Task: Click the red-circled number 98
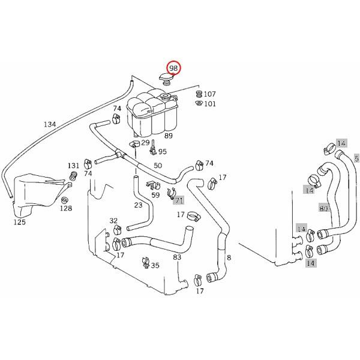pos(174,68)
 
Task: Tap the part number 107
pos(209,94)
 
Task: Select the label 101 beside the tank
pos(209,104)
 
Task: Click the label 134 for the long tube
pos(50,124)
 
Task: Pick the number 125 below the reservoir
pos(20,221)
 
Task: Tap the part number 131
pos(73,166)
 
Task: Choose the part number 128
pos(66,208)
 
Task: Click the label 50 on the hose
pos(158,165)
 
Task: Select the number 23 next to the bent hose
pos(138,205)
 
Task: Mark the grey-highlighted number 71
pos(179,200)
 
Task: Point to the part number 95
pos(162,152)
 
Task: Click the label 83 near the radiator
pos(177,257)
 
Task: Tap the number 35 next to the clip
pos(155,265)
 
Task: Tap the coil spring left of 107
pos(199,94)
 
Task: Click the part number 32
pos(113,221)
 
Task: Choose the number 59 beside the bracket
pos(155,194)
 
